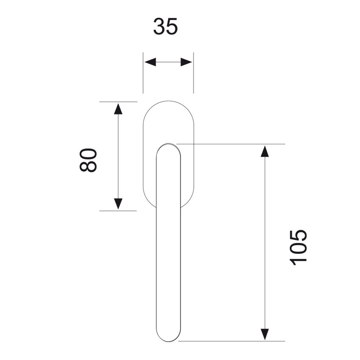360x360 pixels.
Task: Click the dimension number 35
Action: (165, 27)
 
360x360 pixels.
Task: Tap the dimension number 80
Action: (88, 160)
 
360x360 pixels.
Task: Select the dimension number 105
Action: (298, 248)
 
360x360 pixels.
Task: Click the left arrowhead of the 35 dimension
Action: (150, 62)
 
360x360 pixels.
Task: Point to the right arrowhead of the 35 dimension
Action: (186, 62)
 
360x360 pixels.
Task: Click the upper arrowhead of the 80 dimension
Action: (118, 109)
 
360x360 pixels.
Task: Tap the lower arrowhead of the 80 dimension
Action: (118, 204)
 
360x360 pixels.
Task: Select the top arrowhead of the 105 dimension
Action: (265, 151)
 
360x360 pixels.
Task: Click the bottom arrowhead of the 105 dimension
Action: (265, 334)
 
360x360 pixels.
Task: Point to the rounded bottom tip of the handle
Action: (168, 341)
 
